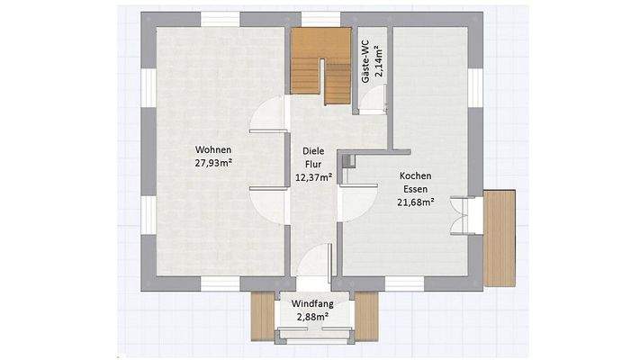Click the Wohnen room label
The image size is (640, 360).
pos(213,149)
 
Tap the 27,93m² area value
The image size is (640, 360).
pos(213,163)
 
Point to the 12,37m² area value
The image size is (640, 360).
pos(313,177)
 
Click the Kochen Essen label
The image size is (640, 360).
pos(416,183)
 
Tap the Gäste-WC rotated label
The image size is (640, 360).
pos(365,63)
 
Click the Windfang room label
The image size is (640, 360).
pos(311,304)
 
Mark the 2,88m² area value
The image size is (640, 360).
pos(311,318)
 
